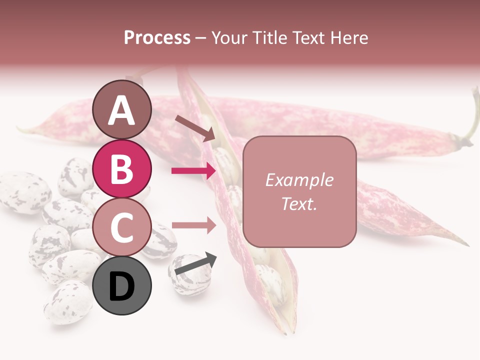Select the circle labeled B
tap(122, 169)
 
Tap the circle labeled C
tap(122, 227)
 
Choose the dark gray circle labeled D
tap(122, 285)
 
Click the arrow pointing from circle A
tap(194, 127)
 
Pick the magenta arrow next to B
tap(194, 171)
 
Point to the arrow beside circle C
tap(194, 225)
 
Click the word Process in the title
tap(157, 37)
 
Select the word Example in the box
tap(299, 180)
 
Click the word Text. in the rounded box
tap(299, 203)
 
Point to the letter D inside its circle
tap(122, 286)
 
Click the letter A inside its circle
tap(122, 110)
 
